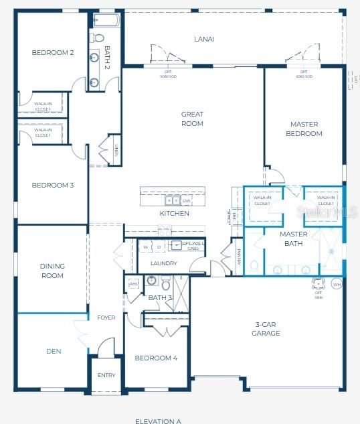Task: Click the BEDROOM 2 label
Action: (x=52, y=52)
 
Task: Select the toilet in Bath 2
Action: (x=98, y=38)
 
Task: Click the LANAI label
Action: (x=204, y=39)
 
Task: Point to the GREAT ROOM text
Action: (x=192, y=119)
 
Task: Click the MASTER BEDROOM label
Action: (x=304, y=129)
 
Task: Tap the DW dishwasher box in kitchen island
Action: (x=186, y=200)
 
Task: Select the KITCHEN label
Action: (x=174, y=214)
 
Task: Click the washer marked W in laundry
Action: (x=145, y=246)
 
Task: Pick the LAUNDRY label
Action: (x=163, y=263)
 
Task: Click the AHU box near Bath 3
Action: (x=132, y=283)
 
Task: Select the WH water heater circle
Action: (x=337, y=285)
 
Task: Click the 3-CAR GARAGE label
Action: (x=266, y=328)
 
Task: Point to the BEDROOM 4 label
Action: (x=156, y=358)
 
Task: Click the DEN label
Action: (x=54, y=350)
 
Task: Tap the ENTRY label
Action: (x=106, y=375)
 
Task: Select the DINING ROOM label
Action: (x=52, y=271)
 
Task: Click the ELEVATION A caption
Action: (x=158, y=421)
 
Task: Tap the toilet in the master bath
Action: (x=254, y=266)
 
